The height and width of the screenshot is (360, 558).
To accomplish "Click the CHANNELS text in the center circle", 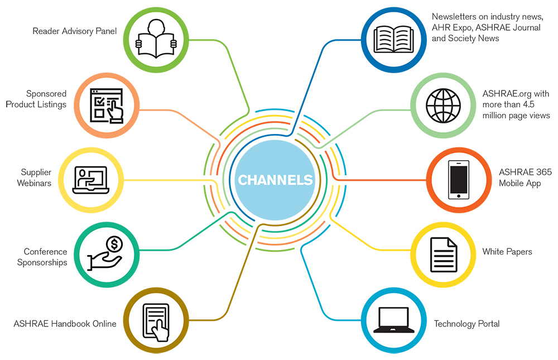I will point(275,180).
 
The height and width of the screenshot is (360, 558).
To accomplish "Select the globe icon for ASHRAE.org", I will point(444,104).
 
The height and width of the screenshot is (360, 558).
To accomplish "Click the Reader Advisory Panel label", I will point(75,31).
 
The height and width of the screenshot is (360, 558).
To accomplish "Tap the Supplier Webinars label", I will point(36,177).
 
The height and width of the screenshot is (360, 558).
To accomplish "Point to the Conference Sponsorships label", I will point(42,257).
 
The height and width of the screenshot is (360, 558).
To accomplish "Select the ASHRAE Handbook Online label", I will point(65,323).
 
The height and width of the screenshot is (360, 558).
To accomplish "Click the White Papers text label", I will point(507,252).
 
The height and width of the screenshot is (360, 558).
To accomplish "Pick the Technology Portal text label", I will point(466,324).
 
